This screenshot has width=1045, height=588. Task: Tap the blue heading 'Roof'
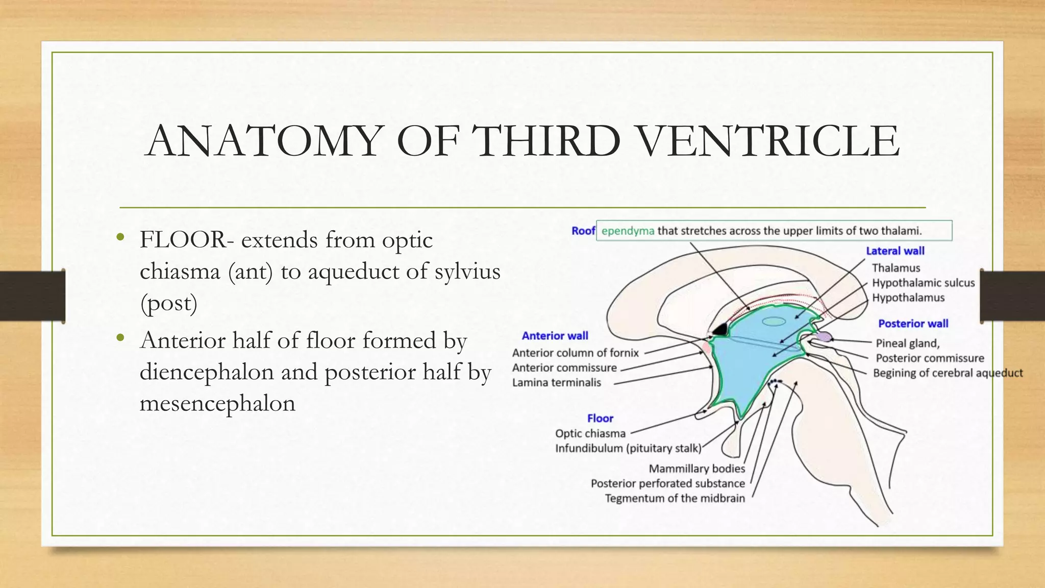(583, 231)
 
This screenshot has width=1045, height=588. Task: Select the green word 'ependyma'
(628, 231)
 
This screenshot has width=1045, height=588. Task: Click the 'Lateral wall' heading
(895, 251)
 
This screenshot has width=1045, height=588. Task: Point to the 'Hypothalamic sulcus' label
(923, 283)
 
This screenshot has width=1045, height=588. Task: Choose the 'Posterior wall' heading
(913, 324)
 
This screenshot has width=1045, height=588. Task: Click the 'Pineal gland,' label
(907, 344)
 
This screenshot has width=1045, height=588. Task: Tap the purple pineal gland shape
(824, 336)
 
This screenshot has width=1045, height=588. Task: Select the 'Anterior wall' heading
(555, 336)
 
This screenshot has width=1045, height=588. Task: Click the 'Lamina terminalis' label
(556, 383)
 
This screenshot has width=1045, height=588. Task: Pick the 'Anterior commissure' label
(564, 368)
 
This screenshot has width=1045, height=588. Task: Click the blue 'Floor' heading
(600, 419)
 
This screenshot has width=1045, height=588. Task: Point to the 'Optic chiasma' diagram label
(590, 434)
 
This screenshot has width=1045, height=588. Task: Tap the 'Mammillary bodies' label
(696, 469)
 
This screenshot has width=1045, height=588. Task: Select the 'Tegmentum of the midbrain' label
(675, 499)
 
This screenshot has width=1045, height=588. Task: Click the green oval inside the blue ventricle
(774, 322)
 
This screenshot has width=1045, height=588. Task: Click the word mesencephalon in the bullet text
(217, 403)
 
